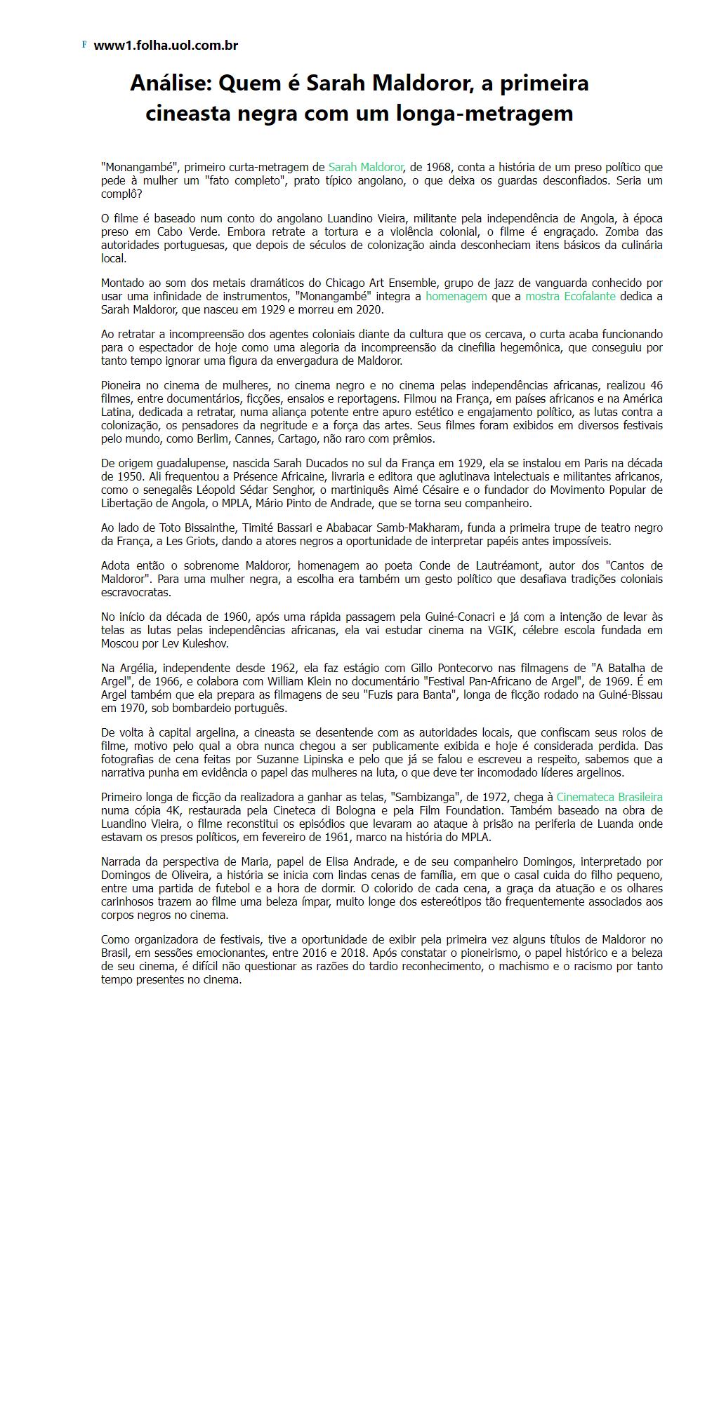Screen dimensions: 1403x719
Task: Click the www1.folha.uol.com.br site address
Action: pyautogui.click(x=166, y=46)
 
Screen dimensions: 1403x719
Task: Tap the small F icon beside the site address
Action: pyautogui.click(x=84, y=44)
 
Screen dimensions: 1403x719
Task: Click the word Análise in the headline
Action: pyautogui.click(x=171, y=83)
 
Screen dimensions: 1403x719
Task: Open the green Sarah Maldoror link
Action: pyautogui.click(x=365, y=167)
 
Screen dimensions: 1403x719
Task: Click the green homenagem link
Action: pyautogui.click(x=456, y=296)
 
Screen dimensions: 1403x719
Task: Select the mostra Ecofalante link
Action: pyautogui.click(x=570, y=296)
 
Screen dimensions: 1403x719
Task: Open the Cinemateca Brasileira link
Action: pyautogui.click(x=609, y=797)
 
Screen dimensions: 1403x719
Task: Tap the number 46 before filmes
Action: pyautogui.click(x=656, y=385)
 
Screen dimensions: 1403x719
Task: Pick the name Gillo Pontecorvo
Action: pyautogui.click(x=396, y=668)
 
